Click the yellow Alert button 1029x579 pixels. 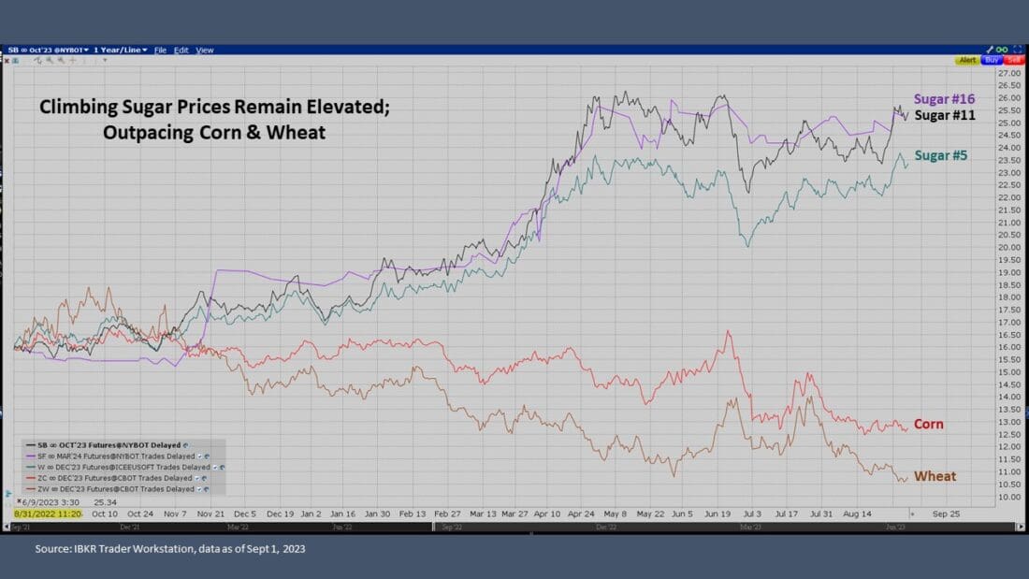point(967,60)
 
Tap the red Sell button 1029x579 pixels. point(1014,60)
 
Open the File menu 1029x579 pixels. point(160,50)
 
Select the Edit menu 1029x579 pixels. point(181,50)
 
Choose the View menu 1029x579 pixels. point(205,50)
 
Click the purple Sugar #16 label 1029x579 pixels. point(946,99)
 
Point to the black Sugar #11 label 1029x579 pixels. point(945,115)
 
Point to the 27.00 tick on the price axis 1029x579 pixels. point(1008,73)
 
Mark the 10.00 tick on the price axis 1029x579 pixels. point(1008,496)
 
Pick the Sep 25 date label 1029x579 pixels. point(946,514)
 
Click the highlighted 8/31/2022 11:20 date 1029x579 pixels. point(48,514)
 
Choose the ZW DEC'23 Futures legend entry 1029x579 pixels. point(114,488)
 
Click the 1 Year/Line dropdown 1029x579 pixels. point(121,50)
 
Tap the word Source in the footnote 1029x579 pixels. point(53,549)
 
